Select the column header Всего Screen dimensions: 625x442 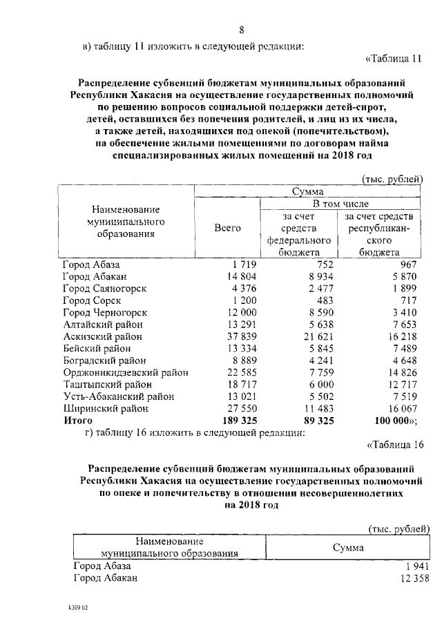[x=227, y=228]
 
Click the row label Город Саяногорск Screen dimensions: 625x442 [x=104, y=288]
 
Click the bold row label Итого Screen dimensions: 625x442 [x=77, y=420]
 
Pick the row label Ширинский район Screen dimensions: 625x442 [x=104, y=408]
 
